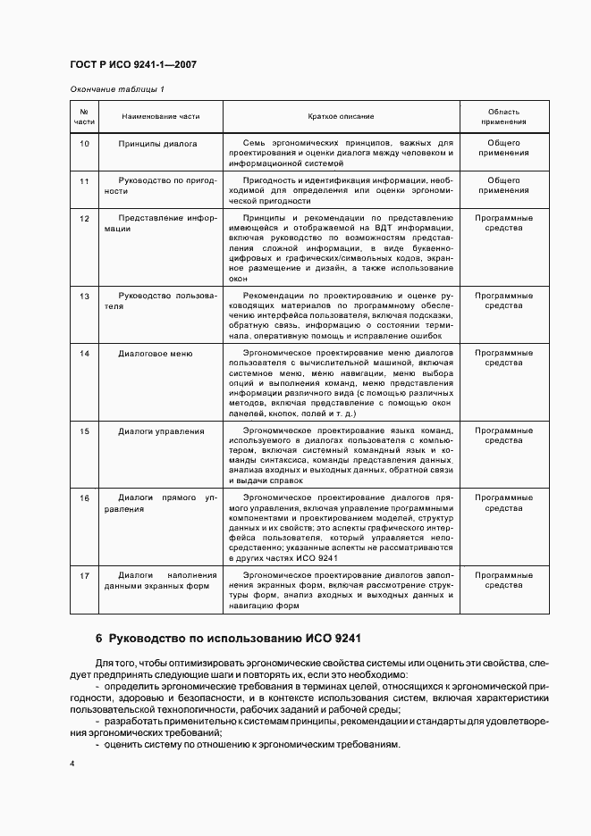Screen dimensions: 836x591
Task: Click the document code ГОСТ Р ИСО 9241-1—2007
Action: click(x=133, y=65)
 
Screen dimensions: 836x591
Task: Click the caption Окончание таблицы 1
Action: click(x=117, y=89)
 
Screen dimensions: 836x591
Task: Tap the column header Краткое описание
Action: click(x=341, y=116)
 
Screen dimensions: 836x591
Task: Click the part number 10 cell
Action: click(x=84, y=143)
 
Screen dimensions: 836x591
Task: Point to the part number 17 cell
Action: click(x=84, y=575)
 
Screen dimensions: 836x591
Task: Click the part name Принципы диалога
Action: click(x=157, y=143)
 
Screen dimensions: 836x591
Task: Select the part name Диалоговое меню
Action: click(x=156, y=354)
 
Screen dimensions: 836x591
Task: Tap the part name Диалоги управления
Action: click(x=161, y=431)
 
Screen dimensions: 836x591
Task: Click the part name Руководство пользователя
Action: click(x=160, y=299)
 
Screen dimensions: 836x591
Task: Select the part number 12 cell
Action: click(x=84, y=218)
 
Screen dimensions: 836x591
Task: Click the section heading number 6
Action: click(x=99, y=639)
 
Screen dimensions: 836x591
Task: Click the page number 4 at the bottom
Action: click(x=72, y=765)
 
